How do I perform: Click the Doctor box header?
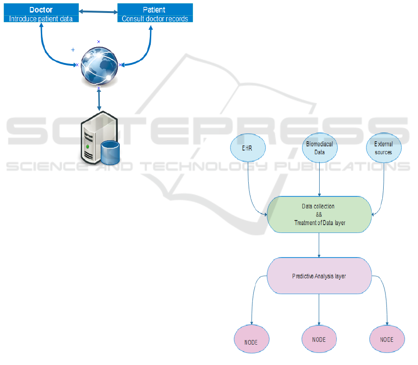pos(41,9)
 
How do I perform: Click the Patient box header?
pos(154,9)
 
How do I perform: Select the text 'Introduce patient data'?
pos(41,19)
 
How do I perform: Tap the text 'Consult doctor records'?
pos(154,19)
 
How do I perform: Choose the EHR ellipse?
pos(248,148)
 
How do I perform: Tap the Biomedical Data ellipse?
pos(319,148)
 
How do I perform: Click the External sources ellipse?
pos(383,148)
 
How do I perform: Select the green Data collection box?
pos(319,214)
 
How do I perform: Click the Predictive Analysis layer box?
pos(319,276)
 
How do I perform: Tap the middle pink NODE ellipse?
pos(319,340)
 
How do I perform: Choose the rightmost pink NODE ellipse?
pos(387,340)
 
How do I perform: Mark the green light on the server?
pos(87,147)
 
